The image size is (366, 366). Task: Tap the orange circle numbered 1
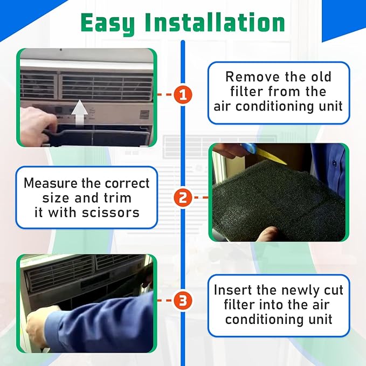point(183,95)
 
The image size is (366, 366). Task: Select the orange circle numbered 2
point(183,197)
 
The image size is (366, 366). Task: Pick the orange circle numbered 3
point(183,301)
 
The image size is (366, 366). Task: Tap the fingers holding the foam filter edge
point(264,234)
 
